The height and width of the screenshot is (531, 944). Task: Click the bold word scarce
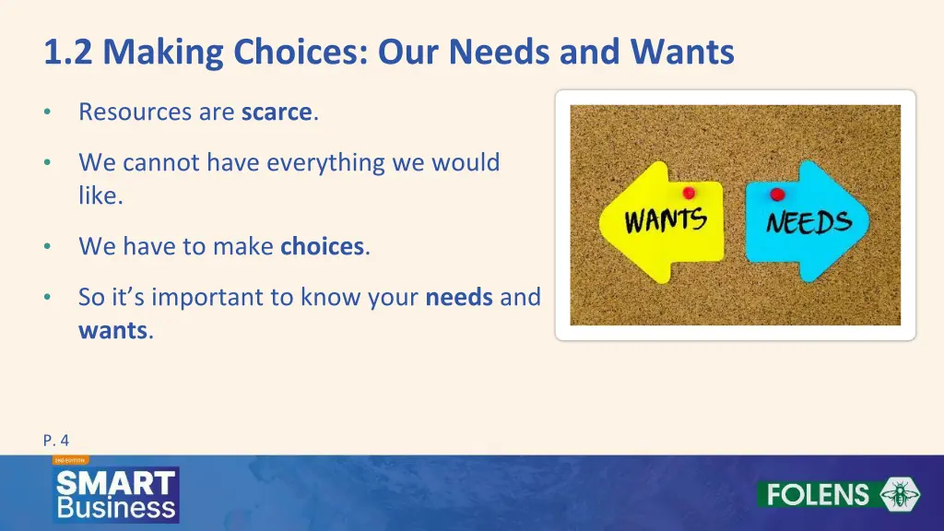coord(277,112)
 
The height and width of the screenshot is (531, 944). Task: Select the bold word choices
coord(322,247)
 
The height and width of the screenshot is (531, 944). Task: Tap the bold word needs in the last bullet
coord(459,298)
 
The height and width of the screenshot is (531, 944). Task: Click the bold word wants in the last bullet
coord(112,330)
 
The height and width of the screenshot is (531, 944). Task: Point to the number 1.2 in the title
coord(69,53)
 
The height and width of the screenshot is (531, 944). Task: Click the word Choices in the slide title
coord(300,53)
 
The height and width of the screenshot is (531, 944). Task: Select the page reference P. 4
coord(55,440)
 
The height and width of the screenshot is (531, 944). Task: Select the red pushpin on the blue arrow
coord(777,194)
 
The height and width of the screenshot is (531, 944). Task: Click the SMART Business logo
coord(115,494)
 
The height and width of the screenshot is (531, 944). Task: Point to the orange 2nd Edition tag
coord(70,459)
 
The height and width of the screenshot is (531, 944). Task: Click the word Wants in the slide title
coord(682,53)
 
